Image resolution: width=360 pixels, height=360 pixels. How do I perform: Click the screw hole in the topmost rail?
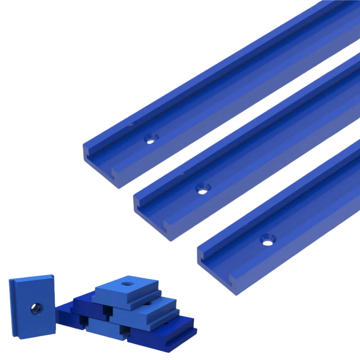coord(151,139)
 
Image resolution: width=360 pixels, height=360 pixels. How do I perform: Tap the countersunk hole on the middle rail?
coord(203,189)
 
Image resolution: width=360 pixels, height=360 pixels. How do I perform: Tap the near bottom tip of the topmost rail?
coord(119,188)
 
